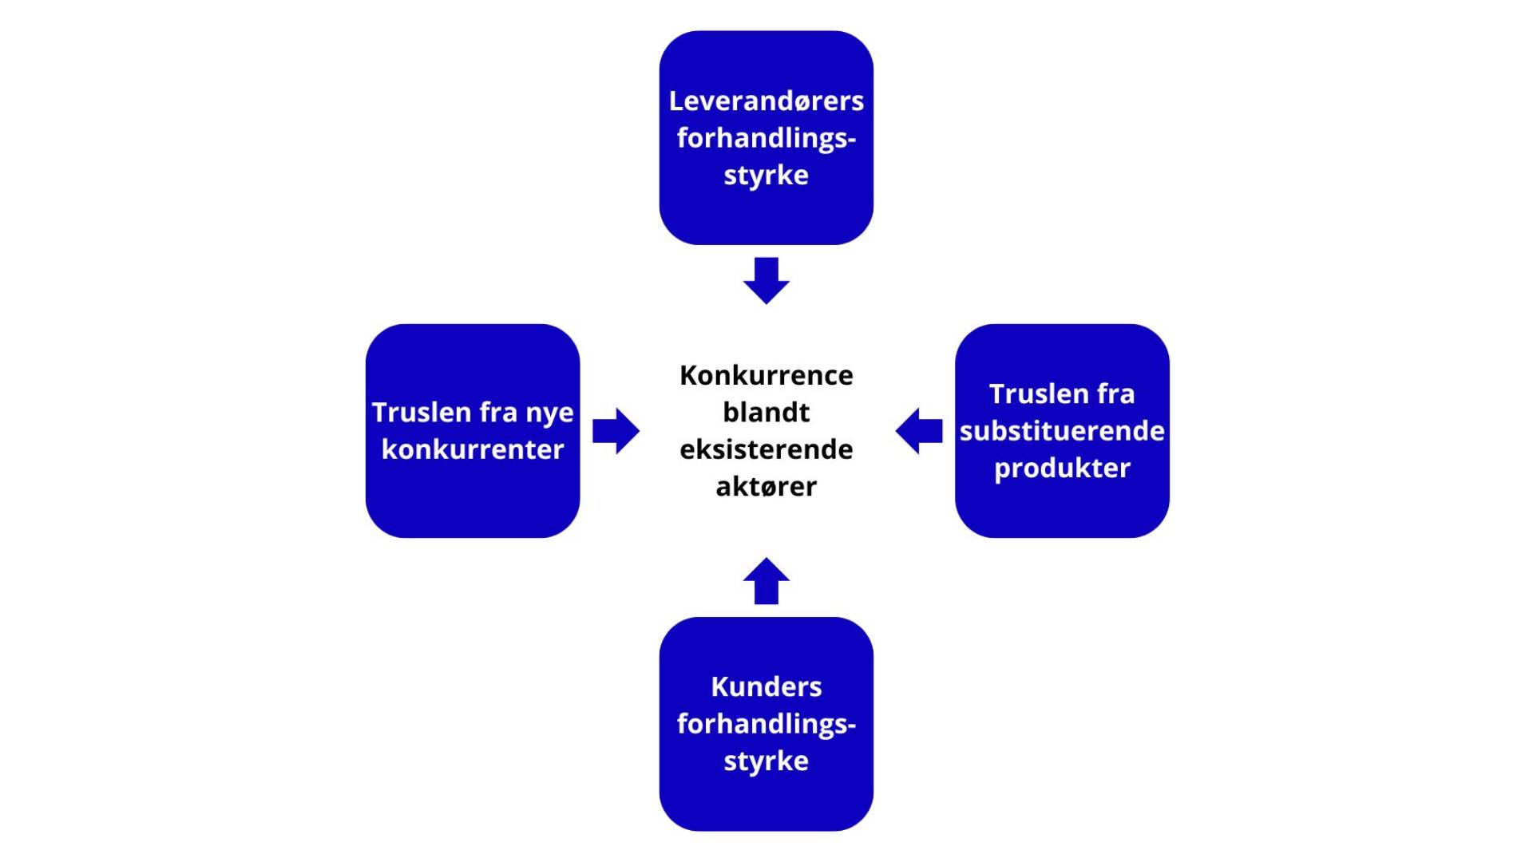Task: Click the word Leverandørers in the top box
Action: [766, 101]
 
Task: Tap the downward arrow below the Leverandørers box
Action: [766, 281]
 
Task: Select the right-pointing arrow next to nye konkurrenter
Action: [616, 431]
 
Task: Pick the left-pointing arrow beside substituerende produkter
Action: [919, 431]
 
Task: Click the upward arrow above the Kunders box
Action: [766, 581]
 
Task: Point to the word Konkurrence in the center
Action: [766, 375]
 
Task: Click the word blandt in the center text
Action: [766, 413]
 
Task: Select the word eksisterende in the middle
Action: [766, 449]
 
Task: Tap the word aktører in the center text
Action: [766, 487]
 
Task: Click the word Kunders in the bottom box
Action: [766, 687]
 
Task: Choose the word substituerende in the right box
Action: [1062, 431]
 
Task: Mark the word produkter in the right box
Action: [1062, 469]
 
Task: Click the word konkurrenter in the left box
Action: [473, 449]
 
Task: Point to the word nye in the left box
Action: [549, 413]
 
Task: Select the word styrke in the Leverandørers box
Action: [766, 176]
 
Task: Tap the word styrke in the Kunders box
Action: [766, 761]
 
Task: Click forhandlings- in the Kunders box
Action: [766, 724]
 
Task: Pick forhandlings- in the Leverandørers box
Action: [766, 138]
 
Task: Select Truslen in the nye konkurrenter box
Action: [410, 413]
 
